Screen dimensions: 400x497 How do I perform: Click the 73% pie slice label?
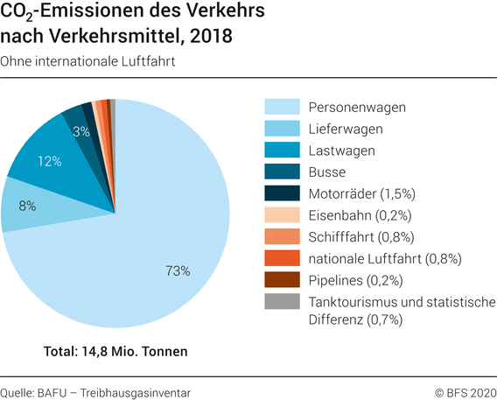click(x=178, y=271)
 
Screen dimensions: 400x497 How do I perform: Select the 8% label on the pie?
click(x=27, y=206)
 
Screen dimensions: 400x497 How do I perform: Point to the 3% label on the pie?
click(x=81, y=132)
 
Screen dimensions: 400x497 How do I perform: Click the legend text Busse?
click(x=327, y=172)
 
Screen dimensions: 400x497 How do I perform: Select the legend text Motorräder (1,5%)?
click(x=360, y=193)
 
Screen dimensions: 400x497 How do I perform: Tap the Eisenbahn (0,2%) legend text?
click(x=359, y=214)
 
